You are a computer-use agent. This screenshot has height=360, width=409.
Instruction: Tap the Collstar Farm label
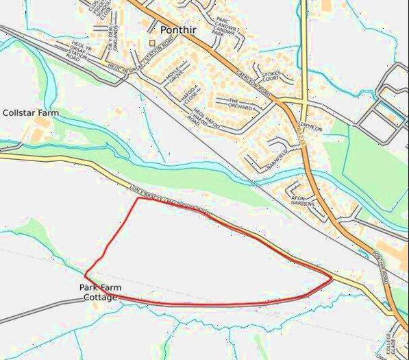pyautogui.click(x=31, y=112)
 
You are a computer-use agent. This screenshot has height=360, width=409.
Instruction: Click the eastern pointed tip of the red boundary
pyautogui.click(x=333, y=278)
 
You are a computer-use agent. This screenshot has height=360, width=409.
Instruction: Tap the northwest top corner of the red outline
pyautogui.click(x=139, y=198)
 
